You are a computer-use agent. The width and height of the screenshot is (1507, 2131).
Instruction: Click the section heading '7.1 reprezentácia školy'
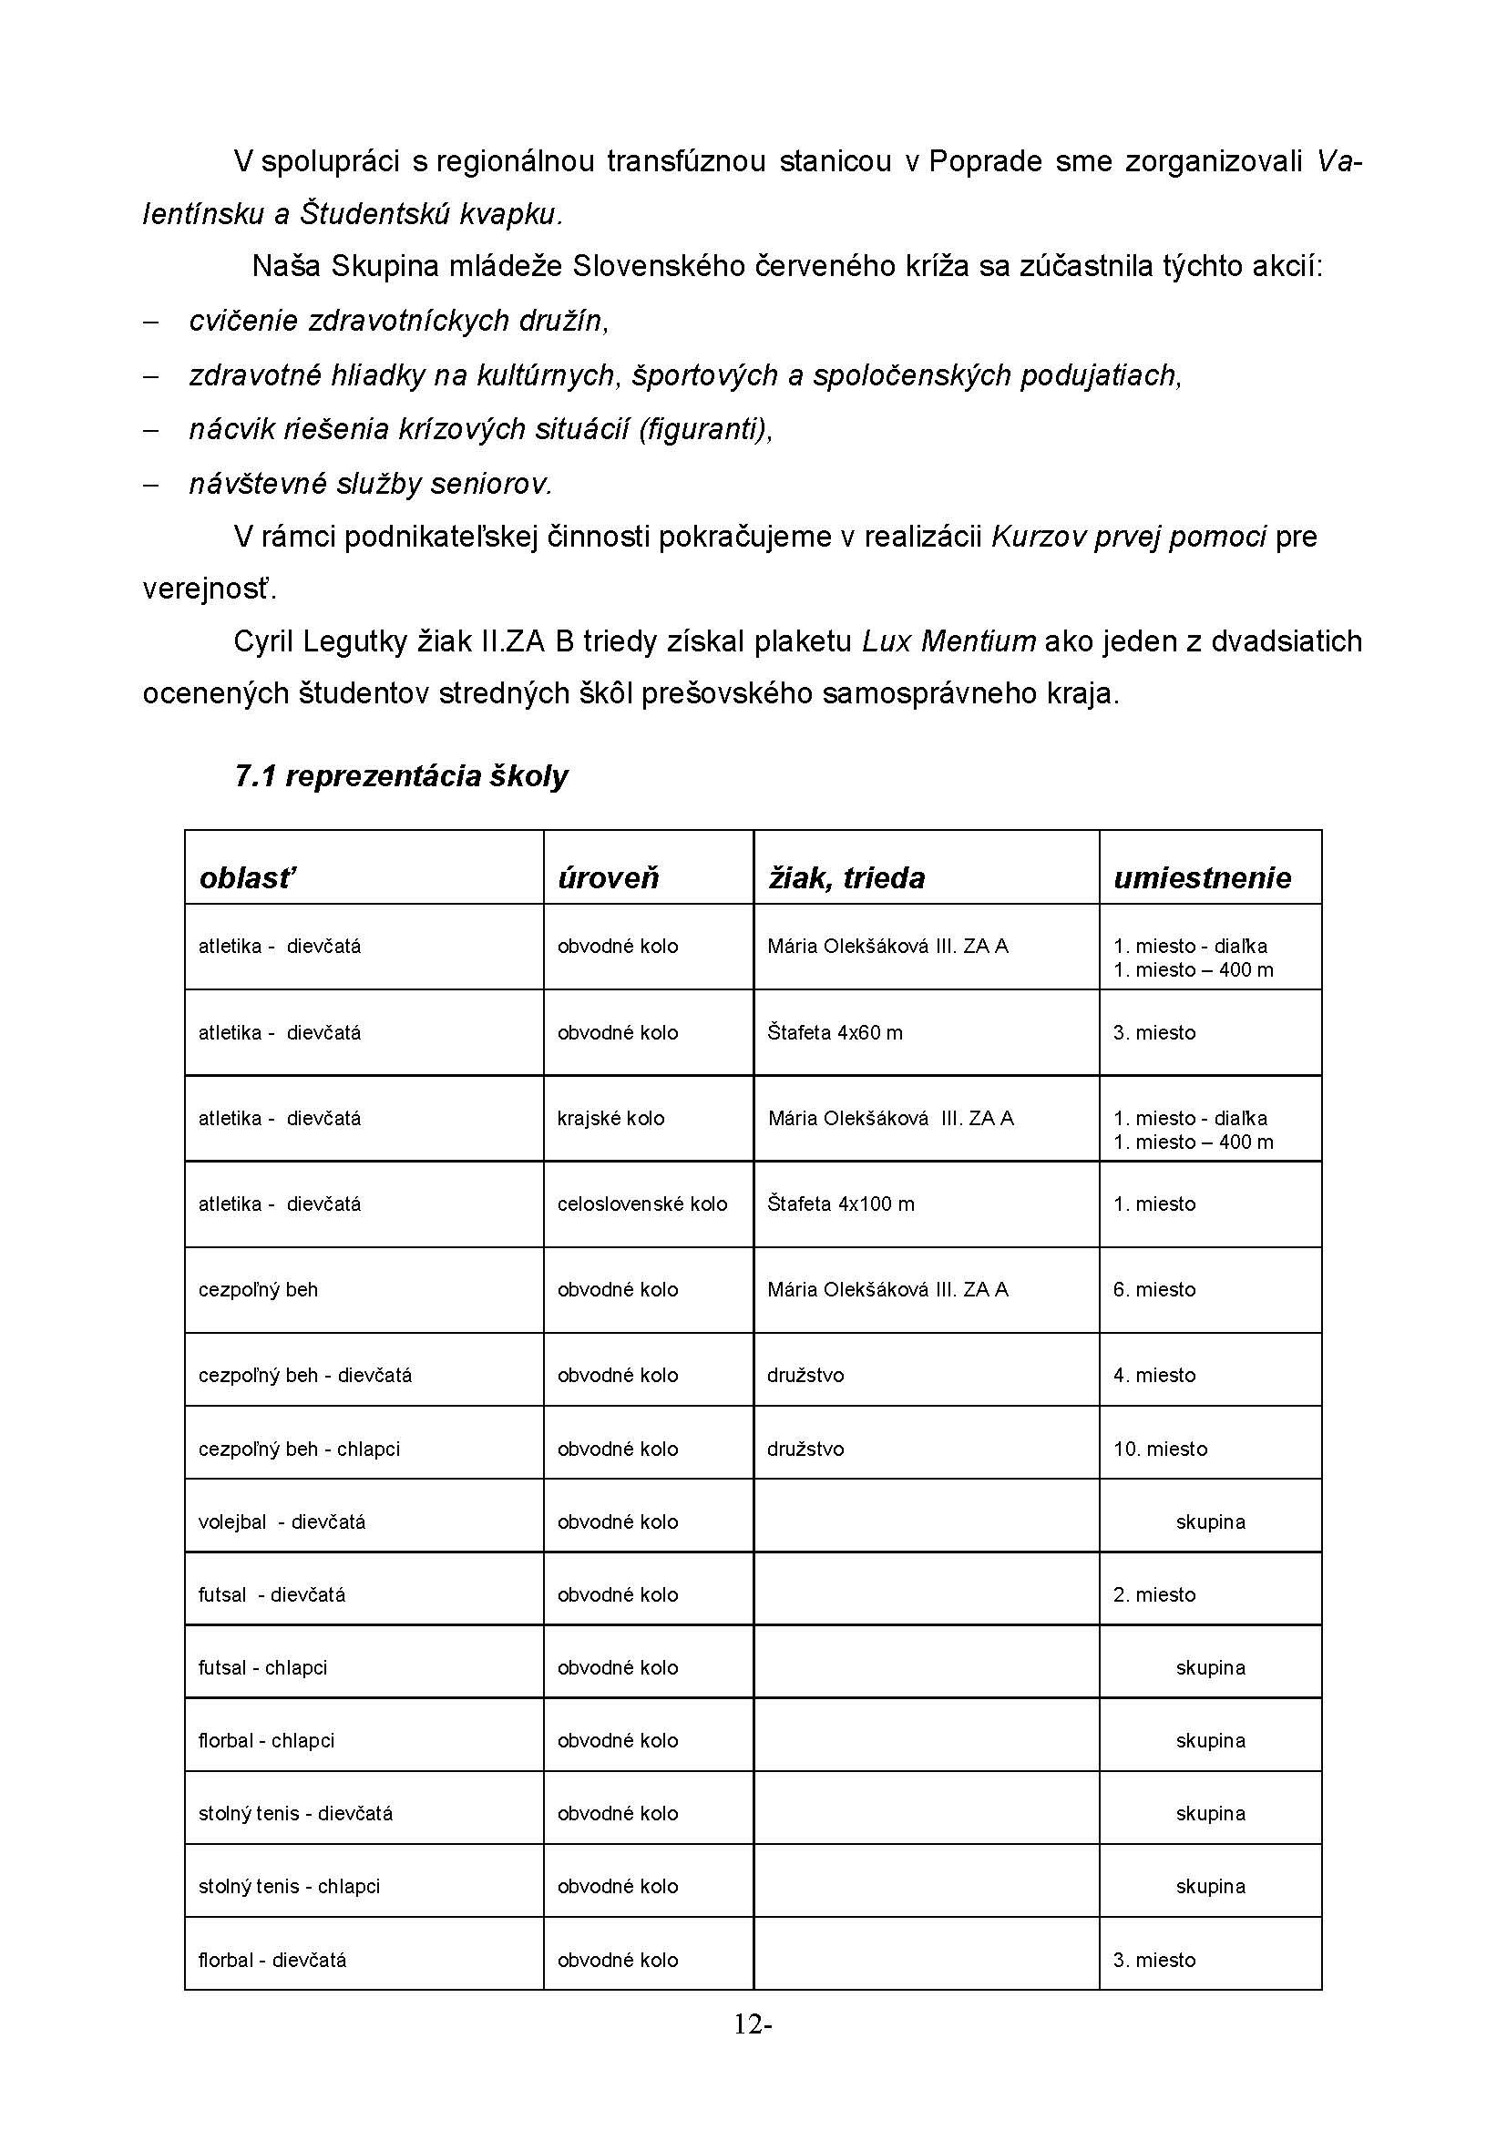pos(401,776)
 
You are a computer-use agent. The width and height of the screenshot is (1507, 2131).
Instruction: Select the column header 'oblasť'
pos(247,877)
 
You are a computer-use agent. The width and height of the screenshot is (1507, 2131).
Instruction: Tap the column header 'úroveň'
pos(608,877)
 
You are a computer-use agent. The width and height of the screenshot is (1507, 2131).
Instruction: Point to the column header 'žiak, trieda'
pos(846,877)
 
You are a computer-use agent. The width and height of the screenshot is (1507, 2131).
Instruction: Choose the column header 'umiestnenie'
pos(1202,877)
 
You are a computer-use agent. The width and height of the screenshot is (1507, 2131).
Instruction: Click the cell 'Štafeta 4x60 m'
pos(835,1032)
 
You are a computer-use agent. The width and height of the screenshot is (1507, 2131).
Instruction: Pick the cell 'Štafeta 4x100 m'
pos(841,1204)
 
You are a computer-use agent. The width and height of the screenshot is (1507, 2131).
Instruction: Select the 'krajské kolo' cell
pos(610,1119)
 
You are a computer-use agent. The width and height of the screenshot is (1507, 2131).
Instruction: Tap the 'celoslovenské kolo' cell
pos(642,1204)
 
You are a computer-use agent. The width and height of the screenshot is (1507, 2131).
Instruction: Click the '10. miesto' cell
pos(1160,1449)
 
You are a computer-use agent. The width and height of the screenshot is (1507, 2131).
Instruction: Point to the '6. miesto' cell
pos(1154,1289)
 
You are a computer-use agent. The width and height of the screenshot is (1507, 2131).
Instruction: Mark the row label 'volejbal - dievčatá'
pos(282,1521)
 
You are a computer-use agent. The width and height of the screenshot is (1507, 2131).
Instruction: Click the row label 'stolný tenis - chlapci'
pos(290,1886)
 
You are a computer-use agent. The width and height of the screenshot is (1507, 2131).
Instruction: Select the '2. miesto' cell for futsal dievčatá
pos(1154,1594)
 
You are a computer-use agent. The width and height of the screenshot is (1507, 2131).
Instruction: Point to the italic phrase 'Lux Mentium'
pos(948,641)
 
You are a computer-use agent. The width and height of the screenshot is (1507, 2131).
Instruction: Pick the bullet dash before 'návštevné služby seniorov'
pos(150,484)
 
